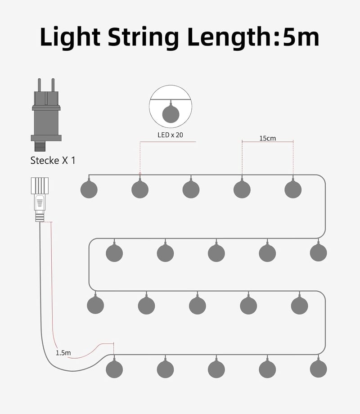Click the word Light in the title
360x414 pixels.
(x=70, y=37)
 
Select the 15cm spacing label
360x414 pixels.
(x=267, y=138)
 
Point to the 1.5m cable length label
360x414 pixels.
(x=63, y=353)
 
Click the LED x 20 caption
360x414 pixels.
(x=170, y=135)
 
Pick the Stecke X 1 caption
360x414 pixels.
(x=53, y=161)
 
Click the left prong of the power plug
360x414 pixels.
(x=39, y=85)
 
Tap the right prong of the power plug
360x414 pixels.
(x=53, y=85)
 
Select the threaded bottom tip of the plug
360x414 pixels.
(x=40, y=146)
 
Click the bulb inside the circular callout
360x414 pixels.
(x=171, y=114)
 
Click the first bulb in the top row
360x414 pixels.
(x=89, y=189)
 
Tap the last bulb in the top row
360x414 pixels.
(x=293, y=189)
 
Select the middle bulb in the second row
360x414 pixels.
(x=216, y=253)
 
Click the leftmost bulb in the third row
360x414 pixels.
(x=95, y=305)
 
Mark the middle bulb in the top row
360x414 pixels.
(x=191, y=189)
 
